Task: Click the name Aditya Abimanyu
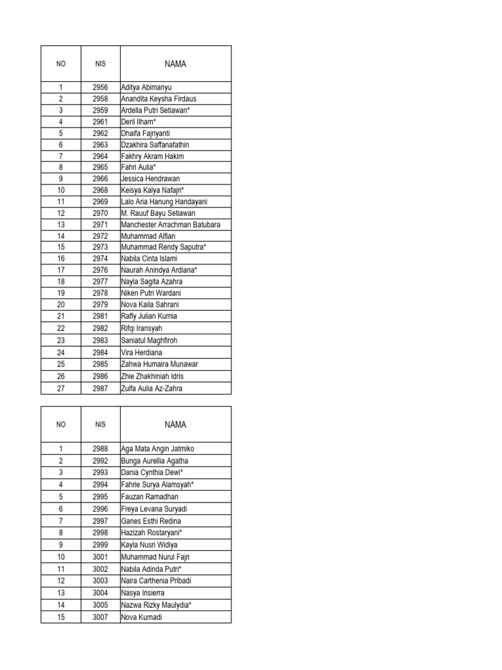click(146, 88)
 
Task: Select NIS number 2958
click(100, 99)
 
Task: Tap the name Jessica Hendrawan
click(150, 179)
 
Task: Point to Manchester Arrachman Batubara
click(171, 224)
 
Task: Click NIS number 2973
click(100, 247)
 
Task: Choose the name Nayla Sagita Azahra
click(154, 281)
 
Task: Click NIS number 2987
click(100, 388)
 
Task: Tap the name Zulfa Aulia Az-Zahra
click(152, 388)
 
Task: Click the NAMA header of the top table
click(175, 64)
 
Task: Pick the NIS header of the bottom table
click(100, 425)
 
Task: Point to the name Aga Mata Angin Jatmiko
click(158, 449)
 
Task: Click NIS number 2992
click(100, 461)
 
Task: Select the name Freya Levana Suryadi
click(154, 509)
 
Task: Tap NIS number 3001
click(100, 557)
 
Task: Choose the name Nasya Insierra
click(143, 593)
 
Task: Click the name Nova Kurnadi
click(141, 617)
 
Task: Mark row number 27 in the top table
click(61, 388)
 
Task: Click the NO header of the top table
click(61, 64)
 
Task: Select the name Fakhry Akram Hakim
click(152, 156)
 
